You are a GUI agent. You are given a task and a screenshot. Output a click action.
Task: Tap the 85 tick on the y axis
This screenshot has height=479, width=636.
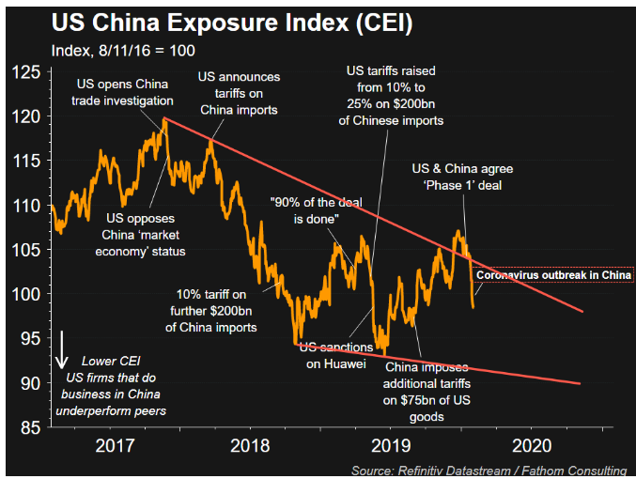point(30,427)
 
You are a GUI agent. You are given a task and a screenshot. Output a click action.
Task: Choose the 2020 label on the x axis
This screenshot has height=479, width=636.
point(533,445)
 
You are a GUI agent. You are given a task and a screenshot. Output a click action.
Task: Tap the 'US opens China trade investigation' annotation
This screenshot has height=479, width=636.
point(124,93)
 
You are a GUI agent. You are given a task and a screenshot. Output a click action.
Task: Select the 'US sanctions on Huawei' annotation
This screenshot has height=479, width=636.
point(333,355)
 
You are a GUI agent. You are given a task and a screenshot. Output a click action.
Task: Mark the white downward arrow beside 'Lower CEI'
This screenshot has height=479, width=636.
point(62,348)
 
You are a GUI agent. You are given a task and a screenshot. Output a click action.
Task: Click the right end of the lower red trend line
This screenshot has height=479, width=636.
point(580,383)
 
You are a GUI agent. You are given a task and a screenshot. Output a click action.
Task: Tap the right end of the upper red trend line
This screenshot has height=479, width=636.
point(582,312)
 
